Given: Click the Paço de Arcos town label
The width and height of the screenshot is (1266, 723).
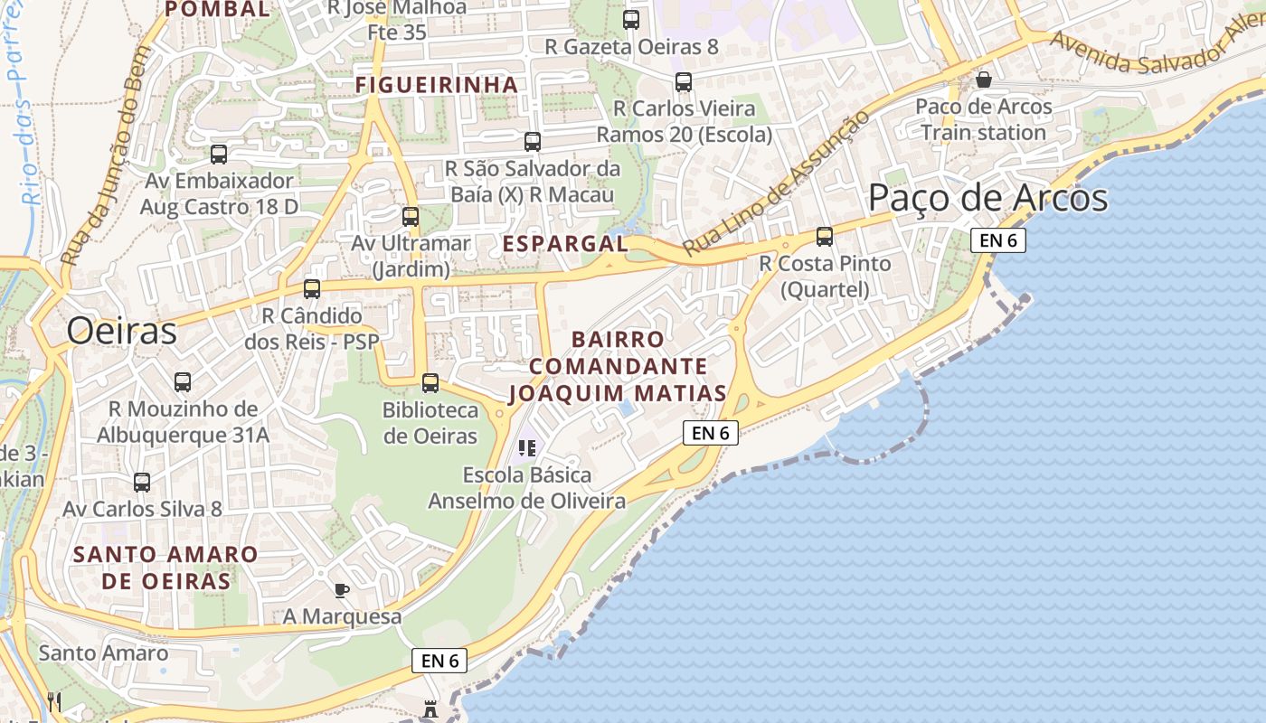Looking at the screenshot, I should click(x=987, y=197).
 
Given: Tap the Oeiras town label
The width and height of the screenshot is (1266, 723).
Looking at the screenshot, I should click(x=121, y=332).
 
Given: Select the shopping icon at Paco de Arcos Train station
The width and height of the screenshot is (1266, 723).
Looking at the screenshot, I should click(x=984, y=80).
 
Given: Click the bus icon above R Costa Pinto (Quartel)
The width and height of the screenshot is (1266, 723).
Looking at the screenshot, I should click(x=825, y=237).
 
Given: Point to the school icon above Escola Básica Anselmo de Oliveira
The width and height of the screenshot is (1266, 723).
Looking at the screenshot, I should click(x=527, y=447).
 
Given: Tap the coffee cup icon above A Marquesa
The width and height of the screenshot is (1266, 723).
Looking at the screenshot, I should click(x=341, y=590).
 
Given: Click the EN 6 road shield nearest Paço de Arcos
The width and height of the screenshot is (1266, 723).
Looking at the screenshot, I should click(x=998, y=240).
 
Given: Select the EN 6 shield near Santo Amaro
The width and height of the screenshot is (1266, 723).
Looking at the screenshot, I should click(x=440, y=661).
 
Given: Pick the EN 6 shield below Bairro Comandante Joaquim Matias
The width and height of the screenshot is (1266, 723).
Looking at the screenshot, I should click(x=711, y=433).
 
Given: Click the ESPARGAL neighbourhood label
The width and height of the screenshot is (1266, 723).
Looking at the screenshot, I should click(x=564, y=243).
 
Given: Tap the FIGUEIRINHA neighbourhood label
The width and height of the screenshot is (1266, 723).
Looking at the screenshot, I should click(x=436, y=84).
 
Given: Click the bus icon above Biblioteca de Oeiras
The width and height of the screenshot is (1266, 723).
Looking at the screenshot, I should click(x=430, y=382).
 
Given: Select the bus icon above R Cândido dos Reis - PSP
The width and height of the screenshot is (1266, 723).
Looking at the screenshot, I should click(x=312, y=289).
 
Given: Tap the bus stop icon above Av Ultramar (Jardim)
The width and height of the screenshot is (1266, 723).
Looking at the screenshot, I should click(x=411, y=217).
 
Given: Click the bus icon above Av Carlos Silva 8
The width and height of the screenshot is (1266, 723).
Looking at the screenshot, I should click(x=142, y=483).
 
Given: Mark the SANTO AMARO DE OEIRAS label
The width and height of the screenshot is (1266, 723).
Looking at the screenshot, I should click(x=165, y=568).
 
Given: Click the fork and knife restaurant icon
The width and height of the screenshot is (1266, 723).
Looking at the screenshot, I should click(x=54, y=701).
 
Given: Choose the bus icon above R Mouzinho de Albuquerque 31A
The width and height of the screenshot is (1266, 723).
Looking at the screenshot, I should click(x=183, y=382).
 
